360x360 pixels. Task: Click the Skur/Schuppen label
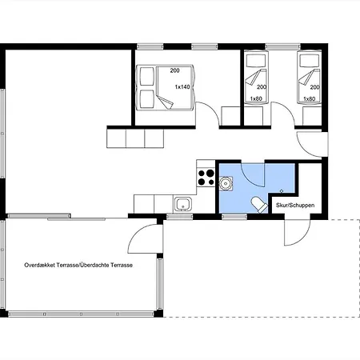[295, 206]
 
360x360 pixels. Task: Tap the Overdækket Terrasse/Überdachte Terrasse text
[78, 265]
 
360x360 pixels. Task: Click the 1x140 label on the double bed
[182, 87]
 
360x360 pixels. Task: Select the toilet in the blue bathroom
[259, 205]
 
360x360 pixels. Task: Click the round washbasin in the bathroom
[226, 183]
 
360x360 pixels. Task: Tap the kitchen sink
[182, 204]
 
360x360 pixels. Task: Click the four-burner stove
[206, 178]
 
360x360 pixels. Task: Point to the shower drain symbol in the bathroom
[282, 191]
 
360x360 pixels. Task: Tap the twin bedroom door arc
[288, 110]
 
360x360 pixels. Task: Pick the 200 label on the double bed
[174, 70]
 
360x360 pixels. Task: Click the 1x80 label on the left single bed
[256, 98]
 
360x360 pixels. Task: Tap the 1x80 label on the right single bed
[310, 99]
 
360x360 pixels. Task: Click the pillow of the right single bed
[310, 61]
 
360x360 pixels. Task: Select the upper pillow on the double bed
[147, 76]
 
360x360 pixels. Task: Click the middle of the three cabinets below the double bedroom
[135, 138]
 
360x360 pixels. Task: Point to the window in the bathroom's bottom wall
[234, 217]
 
